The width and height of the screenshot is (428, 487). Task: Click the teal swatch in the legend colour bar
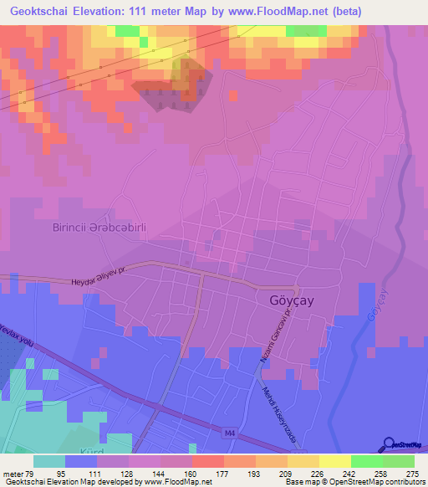pos(48,461)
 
